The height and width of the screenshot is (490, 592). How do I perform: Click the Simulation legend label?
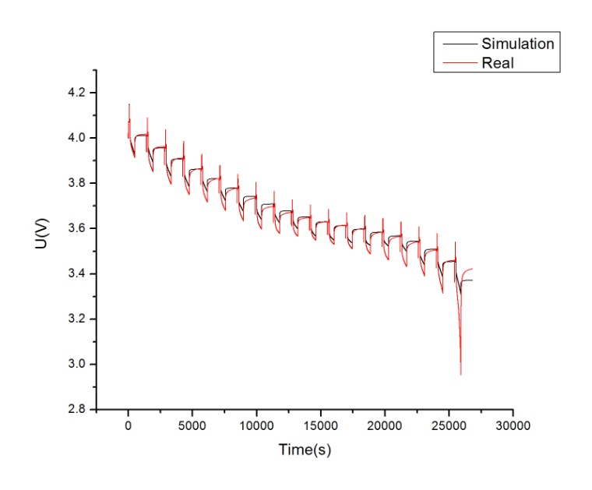point(516,44)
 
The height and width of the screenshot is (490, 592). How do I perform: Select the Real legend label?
point(498,62)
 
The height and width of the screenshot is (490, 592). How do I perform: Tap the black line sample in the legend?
point(456,44)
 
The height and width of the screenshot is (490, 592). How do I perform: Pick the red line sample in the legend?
point(456,62)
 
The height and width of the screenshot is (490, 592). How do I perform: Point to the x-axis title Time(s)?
point(308,449)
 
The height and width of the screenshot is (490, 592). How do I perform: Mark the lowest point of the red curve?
point(460,374)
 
